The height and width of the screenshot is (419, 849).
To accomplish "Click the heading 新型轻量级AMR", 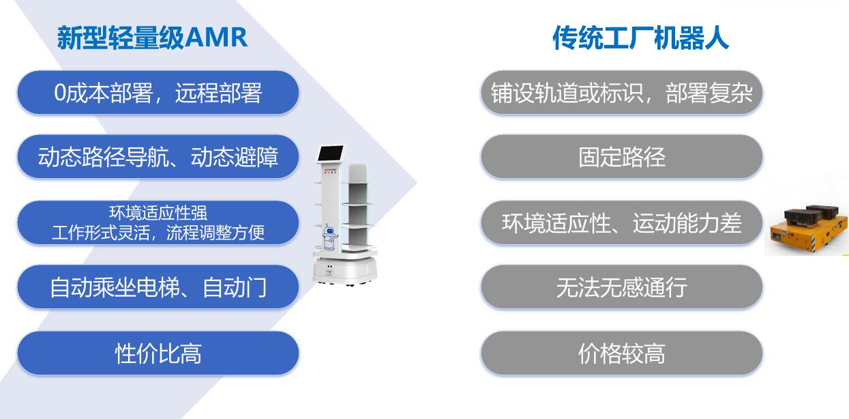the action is [152, 38].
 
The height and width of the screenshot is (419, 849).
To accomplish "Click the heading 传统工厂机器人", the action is [640, 38].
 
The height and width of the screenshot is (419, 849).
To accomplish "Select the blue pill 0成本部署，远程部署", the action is [158, 93].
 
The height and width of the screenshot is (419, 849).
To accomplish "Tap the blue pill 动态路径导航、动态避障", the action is [158, 156].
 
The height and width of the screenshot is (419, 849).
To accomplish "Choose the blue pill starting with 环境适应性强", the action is [158, 222].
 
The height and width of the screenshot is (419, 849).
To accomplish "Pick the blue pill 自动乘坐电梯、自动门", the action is [158, 287].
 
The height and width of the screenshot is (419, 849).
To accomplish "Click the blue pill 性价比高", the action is [158, 353].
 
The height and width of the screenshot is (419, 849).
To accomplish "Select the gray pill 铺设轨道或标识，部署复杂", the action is [622, 93].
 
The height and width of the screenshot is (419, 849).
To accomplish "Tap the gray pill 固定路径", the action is [622, 156].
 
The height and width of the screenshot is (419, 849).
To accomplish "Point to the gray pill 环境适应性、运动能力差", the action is [622, 222].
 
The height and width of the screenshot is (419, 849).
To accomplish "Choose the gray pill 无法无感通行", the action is [622, 287].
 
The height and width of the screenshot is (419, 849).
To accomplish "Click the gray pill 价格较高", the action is [622, 353].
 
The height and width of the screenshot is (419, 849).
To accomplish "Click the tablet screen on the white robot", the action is [331, 153].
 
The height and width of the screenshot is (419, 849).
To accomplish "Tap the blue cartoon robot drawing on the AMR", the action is [329, 237].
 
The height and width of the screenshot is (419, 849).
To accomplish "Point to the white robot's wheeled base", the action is [345, 270].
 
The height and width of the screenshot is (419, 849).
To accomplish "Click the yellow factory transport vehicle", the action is [807, 231].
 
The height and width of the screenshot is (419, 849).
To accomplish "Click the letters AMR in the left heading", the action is [216, 38].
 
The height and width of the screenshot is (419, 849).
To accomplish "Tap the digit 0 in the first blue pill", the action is [60, 93].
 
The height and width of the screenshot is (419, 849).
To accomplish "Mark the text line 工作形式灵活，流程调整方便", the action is [158, 233].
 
